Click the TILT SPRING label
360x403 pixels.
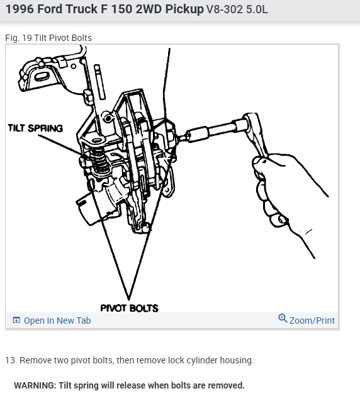[x=35, y=128]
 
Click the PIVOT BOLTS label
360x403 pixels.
[x=129, y=308]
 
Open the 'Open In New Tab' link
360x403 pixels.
[x=57, y=321]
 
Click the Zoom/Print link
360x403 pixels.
[x=312, y=321]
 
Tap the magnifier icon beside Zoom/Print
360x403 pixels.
[x=283, y=319]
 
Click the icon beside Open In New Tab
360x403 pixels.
[x=16, y=321]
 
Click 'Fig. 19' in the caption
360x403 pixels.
[x=18, y=38]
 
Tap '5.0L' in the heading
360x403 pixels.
[x=259, y=10]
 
